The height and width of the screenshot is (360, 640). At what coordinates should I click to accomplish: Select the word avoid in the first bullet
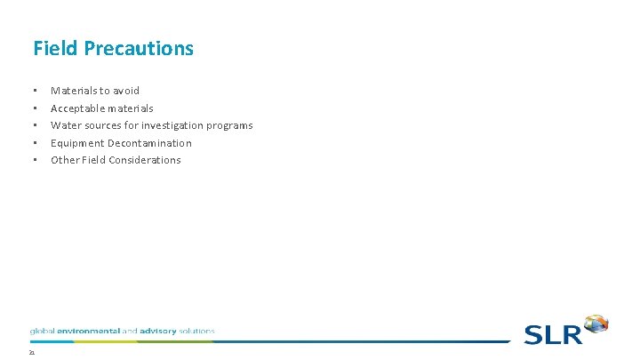125,91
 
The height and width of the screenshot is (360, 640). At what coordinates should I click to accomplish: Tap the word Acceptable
77,108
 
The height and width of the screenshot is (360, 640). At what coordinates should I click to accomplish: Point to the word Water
66,125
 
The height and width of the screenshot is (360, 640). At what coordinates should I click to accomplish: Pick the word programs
230,125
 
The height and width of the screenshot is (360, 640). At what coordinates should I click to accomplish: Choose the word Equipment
77,143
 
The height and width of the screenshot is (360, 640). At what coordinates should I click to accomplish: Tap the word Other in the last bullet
65,160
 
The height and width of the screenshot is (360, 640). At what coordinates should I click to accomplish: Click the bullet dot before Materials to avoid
34,91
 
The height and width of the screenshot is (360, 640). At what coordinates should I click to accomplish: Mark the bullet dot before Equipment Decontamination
34,143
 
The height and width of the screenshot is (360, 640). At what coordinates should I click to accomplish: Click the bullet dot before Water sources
34,125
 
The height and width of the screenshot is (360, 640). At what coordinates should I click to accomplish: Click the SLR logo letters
552,333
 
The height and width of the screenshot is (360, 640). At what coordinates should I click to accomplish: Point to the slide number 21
31,353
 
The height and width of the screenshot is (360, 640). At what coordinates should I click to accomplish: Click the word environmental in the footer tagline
87,331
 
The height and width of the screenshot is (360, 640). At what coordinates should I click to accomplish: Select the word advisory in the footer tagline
156,331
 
